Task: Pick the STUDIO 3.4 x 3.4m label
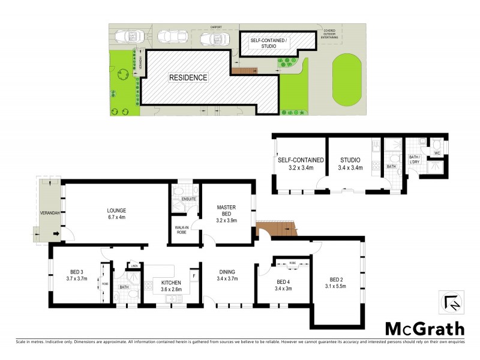click(349, 164)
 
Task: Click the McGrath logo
click(424, 329)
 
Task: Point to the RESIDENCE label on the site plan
click(188, 77)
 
